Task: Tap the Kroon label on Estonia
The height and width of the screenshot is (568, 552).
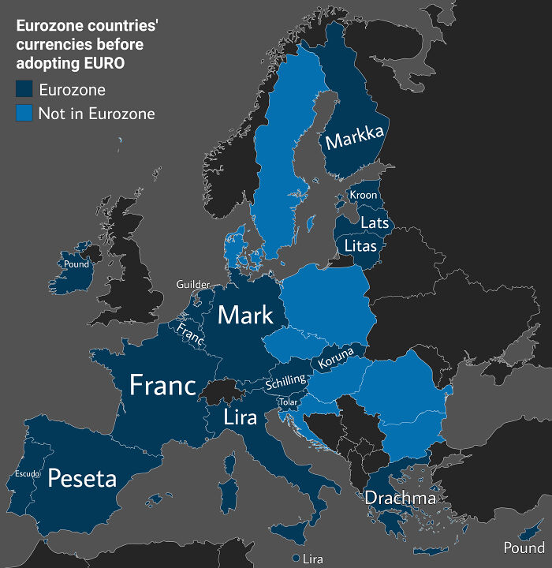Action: tap(364, 195)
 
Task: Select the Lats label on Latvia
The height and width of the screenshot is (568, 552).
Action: tap(374, 222)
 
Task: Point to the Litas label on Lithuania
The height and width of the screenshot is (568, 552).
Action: tap(361, 246)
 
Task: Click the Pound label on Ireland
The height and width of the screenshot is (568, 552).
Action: tap(76, 264)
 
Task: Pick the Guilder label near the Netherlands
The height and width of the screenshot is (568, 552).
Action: tap(193, 284)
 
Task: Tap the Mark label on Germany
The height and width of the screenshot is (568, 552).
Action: tap(245, 315)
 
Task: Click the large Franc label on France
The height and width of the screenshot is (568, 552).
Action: tap(162, 385)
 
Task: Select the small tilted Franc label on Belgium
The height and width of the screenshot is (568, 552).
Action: tap(190, 334)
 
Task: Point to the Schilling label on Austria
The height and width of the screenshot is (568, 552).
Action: tap(285, 382)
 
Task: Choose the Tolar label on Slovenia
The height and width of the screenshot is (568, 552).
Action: tap(287, 402)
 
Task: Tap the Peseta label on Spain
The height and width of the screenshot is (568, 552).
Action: tap(82, 478)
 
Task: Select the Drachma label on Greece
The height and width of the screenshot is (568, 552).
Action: tap(399, 498)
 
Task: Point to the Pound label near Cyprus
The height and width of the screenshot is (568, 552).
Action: tap(524, 547)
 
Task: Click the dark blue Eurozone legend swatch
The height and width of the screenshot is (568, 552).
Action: tap(24, 90)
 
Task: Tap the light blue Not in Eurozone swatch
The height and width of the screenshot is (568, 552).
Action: tap(24, 114)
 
